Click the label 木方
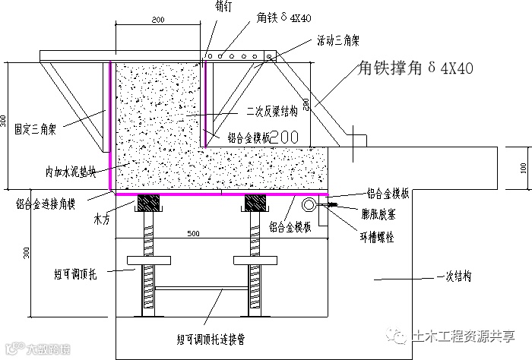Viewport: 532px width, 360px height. coord(103,219)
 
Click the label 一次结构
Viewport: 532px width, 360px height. coord(454,277)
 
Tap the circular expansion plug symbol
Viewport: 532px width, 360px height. coord(311,205)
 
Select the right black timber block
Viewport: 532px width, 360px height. coord(255,204)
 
